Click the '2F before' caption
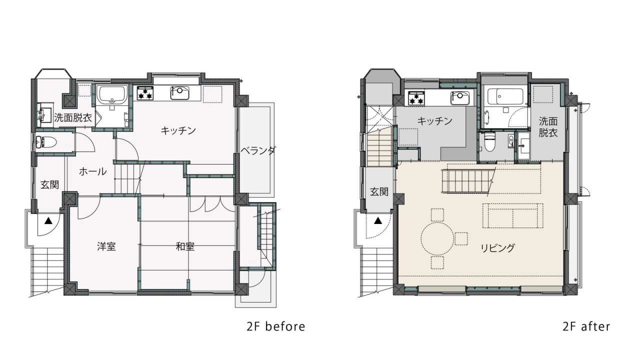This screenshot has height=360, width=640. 275,326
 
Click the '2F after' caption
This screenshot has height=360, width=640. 586,326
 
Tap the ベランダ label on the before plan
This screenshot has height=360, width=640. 258,150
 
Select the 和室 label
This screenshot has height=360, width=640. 185,246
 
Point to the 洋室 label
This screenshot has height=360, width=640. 106,246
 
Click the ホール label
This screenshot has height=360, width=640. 92,171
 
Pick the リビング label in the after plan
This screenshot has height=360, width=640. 498,247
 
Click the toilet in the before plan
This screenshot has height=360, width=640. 46,142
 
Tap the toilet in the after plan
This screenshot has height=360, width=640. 489,143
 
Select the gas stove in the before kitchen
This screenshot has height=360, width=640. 145,93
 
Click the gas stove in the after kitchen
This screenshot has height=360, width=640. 416,98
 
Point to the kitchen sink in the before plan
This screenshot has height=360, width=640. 179,93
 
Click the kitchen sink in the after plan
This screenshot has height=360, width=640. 460,98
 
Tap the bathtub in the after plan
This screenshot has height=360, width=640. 505,96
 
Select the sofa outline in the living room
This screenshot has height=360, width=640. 513,215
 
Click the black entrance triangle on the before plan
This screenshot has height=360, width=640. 48,220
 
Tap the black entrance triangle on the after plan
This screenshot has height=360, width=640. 378,220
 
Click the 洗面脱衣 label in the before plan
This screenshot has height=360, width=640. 73,117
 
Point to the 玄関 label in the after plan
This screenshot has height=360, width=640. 379,191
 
